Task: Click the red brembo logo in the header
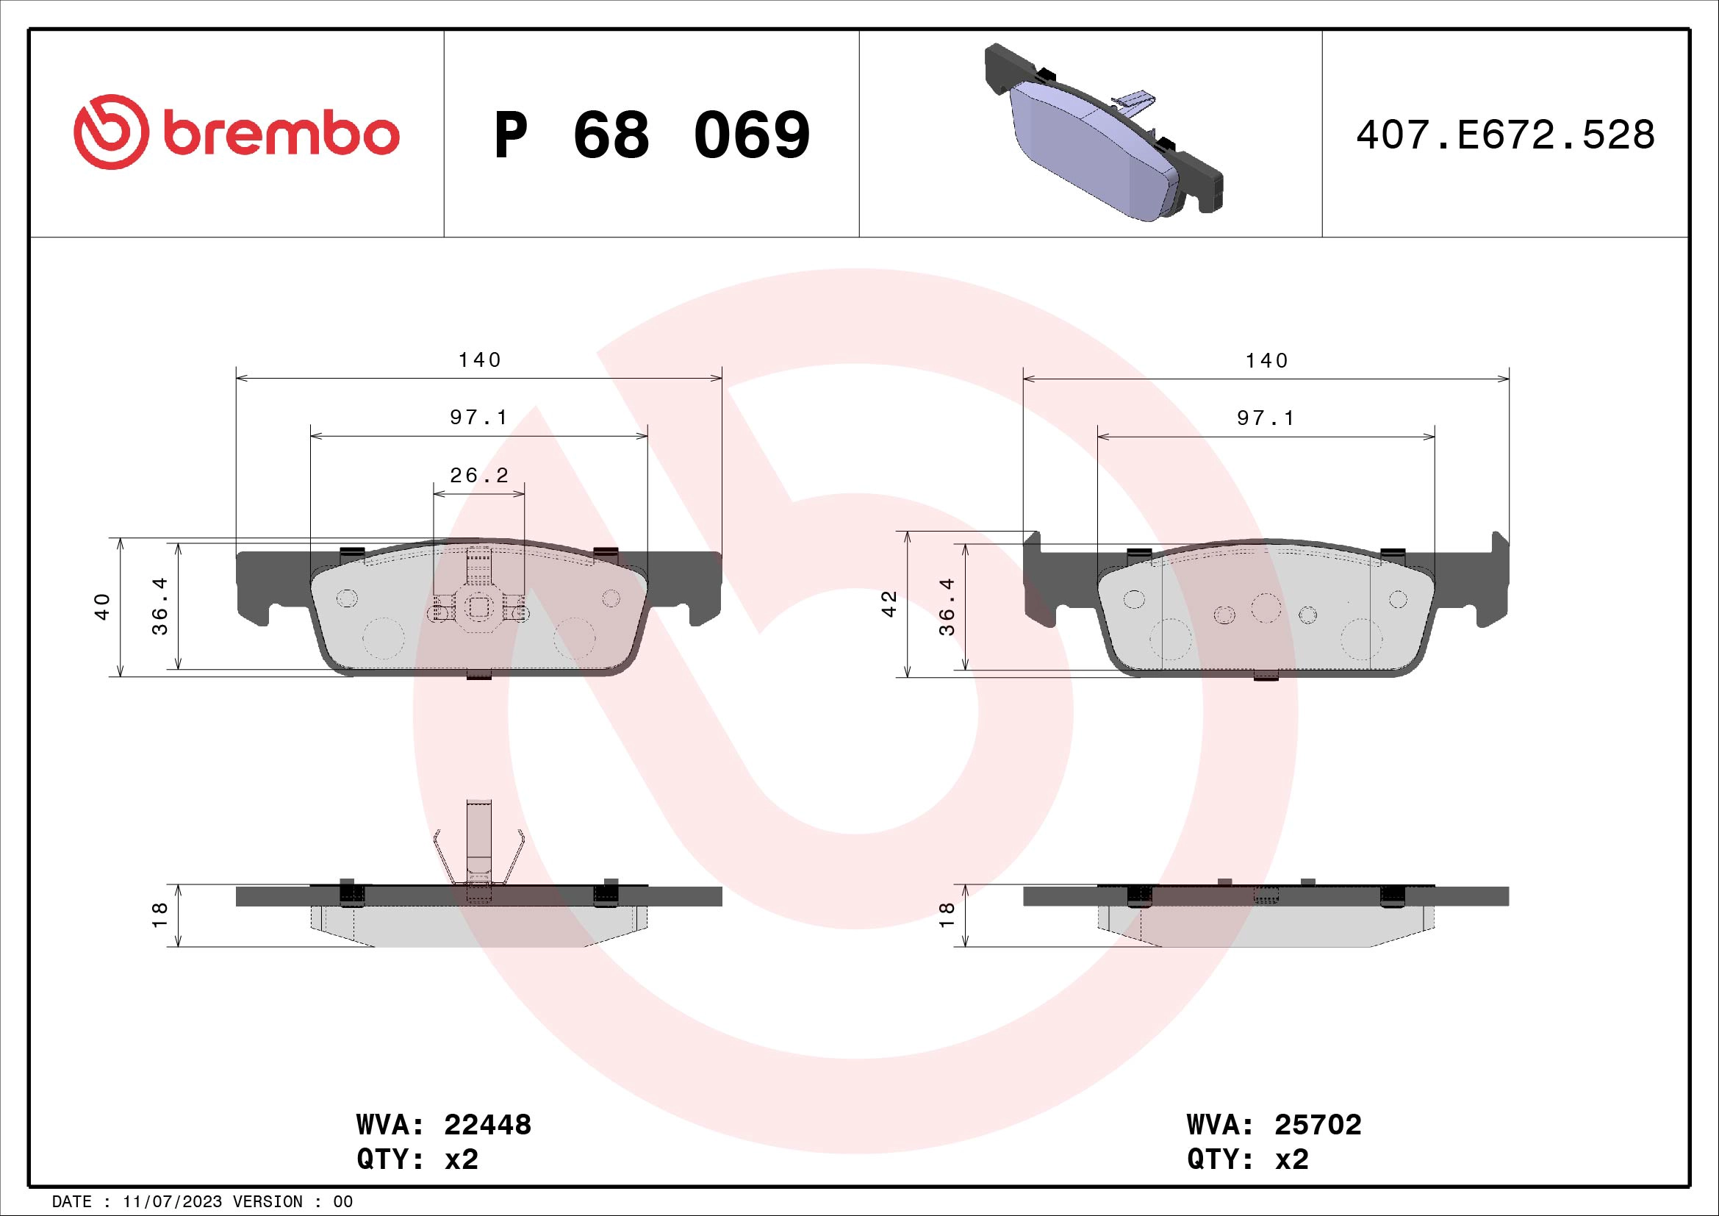236,132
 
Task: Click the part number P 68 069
651,135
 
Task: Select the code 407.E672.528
1505,135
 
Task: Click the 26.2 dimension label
479,475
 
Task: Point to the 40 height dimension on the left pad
103,606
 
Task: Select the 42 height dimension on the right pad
889,604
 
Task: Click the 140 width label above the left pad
479,360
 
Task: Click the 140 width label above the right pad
1266,361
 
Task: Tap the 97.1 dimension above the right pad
1266,418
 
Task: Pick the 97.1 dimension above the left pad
479,417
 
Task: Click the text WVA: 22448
444,1125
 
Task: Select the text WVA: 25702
1274,1125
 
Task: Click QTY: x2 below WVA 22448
417,1159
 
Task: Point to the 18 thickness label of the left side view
159,915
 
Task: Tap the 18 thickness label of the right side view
947,915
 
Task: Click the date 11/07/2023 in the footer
172,1202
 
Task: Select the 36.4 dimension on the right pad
947,607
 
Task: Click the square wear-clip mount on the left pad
479,607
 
